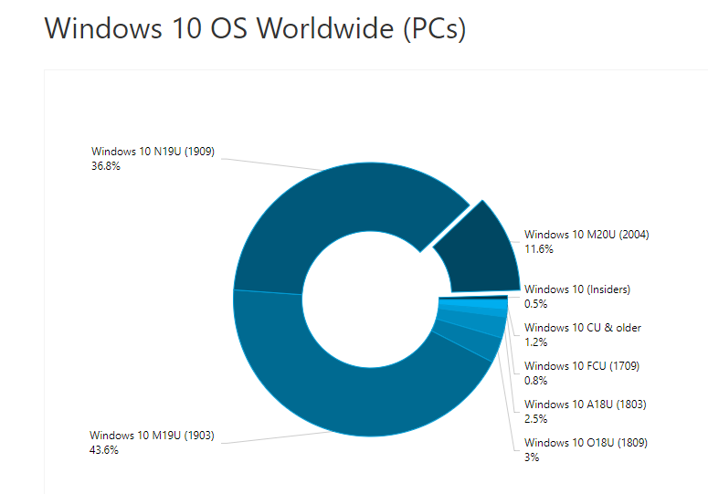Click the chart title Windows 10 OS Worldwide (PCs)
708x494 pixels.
[255, 28]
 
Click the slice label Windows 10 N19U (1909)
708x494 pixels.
[153, 152]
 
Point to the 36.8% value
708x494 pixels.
[106, 166]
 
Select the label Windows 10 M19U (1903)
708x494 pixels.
[152, 436]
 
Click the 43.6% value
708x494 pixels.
[104, 450]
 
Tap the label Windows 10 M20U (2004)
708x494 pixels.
[586, 235]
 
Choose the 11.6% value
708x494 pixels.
[539, 249]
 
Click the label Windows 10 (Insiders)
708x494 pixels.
[577, 289]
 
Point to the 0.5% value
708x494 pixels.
[535, 304]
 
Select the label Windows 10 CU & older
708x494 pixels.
[583, 328]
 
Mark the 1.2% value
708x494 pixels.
[535, 342]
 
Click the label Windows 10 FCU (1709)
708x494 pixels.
[582, 366]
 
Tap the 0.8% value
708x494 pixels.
[535, 381]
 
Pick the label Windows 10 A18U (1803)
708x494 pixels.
[586, 405]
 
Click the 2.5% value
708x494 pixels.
[535, 419]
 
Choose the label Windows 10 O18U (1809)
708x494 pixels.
[586, 443]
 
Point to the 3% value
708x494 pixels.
[532, 457]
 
